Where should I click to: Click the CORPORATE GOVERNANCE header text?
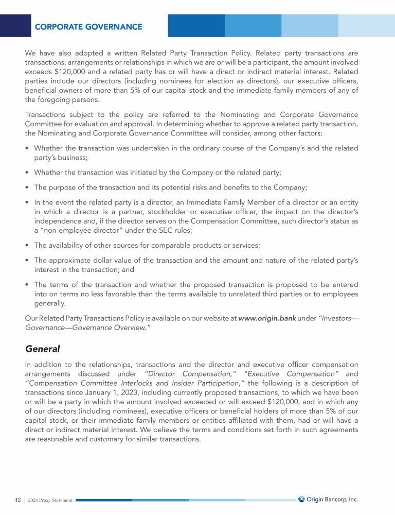coord(88,26)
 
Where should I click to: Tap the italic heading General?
coord(43,349)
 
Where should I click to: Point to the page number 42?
coord(18,500)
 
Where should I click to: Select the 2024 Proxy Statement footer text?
coord(50,500)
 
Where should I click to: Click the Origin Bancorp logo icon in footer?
coord(302,499)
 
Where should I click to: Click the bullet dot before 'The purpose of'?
coord(26,187)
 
